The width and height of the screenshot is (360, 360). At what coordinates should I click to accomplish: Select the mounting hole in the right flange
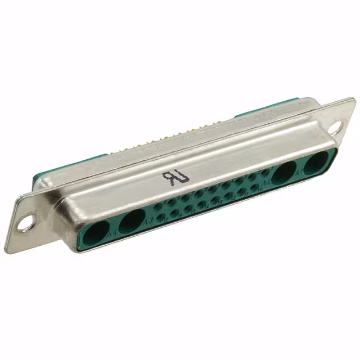click(335, 128)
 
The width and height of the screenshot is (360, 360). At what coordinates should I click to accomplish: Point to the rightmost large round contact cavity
click(315, 164)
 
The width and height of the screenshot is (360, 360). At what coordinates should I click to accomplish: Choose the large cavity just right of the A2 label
click(285, 172)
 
